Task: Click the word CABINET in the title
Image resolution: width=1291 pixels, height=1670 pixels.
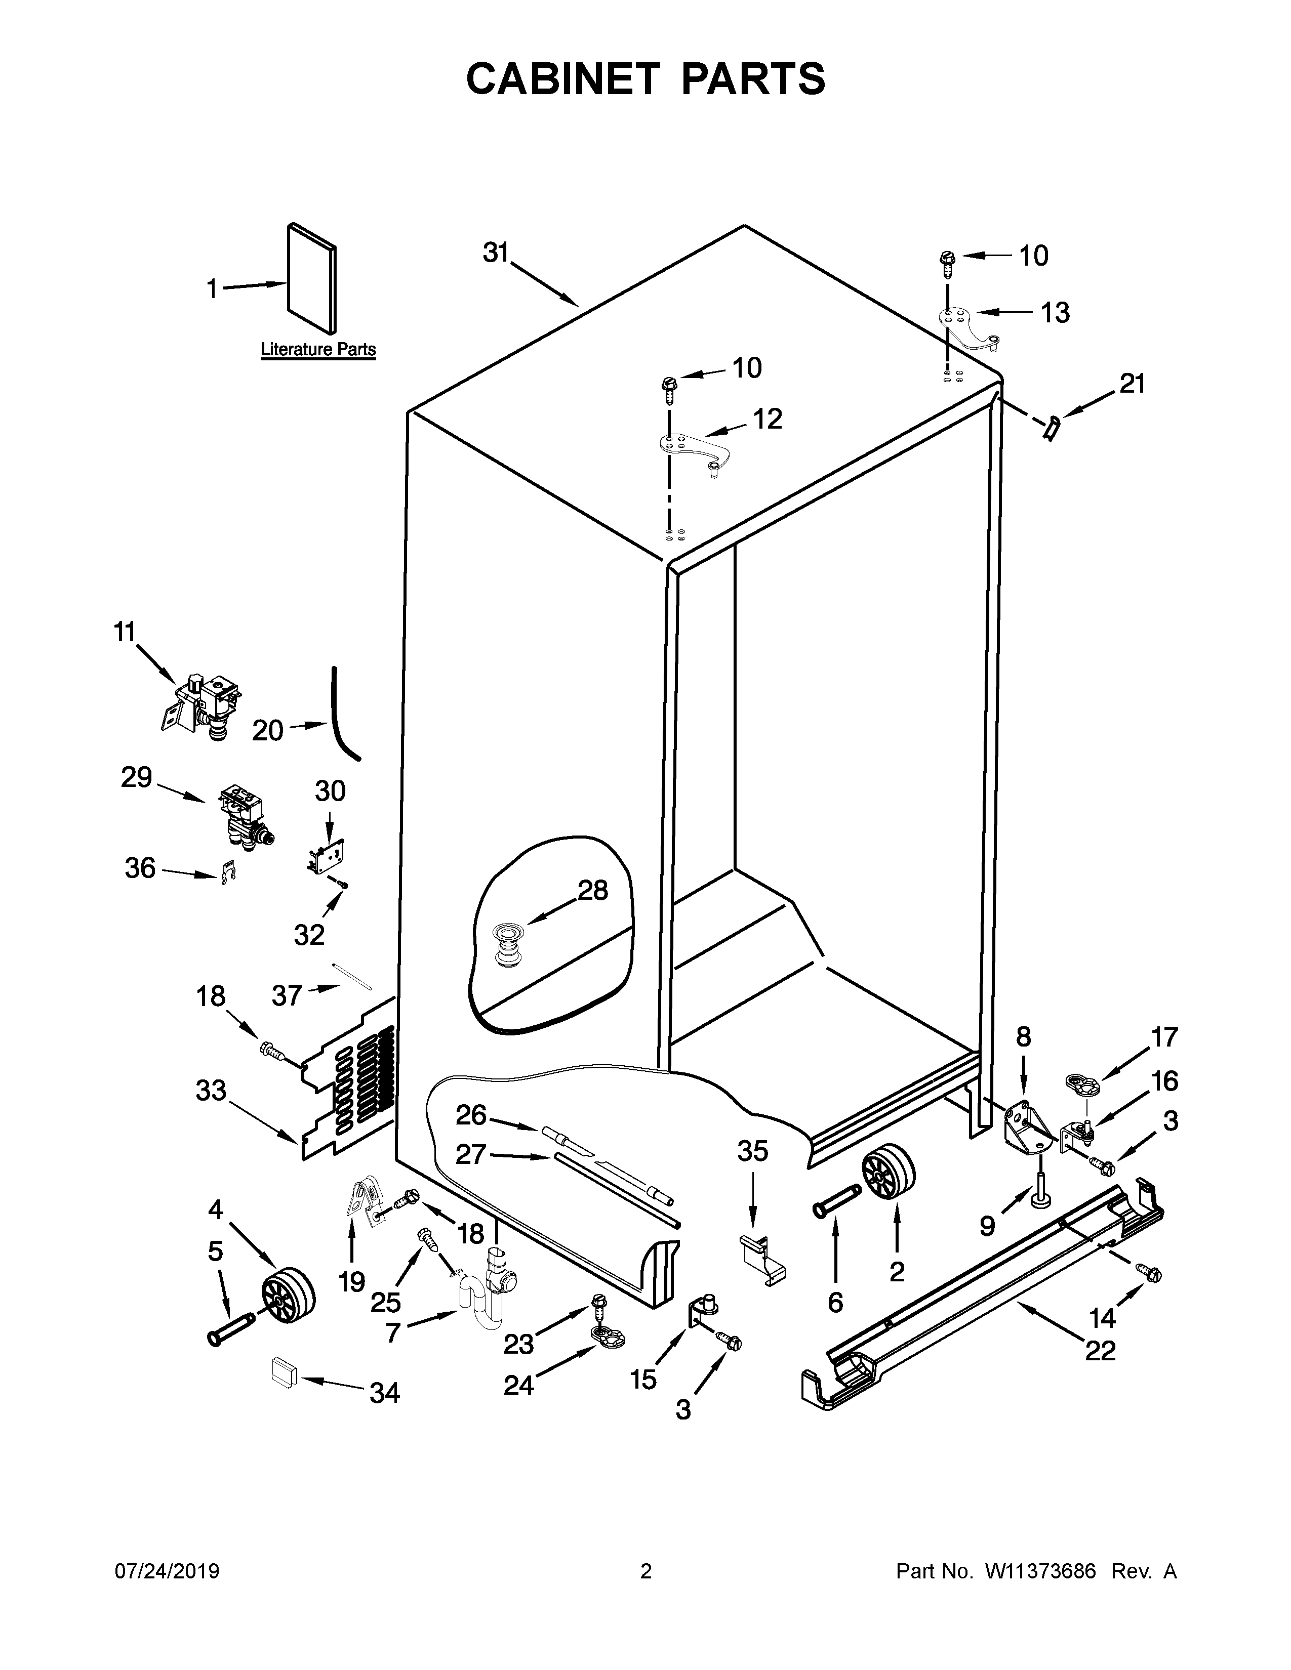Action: [562, 79]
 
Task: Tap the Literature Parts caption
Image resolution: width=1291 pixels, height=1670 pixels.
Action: [318, 350]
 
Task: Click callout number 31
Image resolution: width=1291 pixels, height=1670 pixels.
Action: [496, 253]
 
